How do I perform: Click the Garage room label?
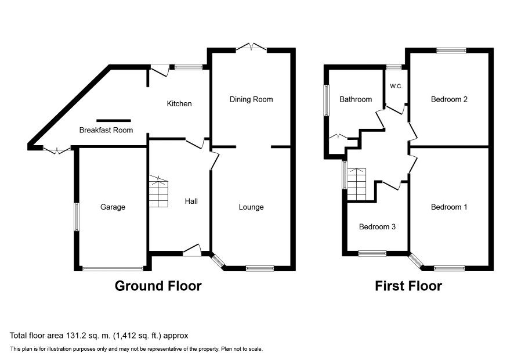tap(113, 207)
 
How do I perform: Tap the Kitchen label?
tap(179, 104)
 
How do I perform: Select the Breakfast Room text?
tap(106, 130)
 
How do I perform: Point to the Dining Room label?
tap(251, 99)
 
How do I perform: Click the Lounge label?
tap(251, 207)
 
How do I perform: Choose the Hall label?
tap(191, 201)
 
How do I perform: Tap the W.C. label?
tap(396, 87)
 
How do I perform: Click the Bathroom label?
tap(356, 99)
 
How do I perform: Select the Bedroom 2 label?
tap(449, 99)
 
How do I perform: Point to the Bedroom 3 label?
tap(377, 227)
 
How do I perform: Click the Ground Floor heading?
tap(158, 286)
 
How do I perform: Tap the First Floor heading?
tap(408, 286)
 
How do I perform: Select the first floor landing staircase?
tap(357, 184)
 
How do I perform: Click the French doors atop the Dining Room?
tap(251, 46)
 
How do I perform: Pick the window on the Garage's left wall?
tap(77, 217)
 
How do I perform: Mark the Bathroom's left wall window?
tap(327, 100)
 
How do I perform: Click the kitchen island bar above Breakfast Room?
tap(114, 121)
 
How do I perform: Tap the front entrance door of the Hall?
tap(192, 250)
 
